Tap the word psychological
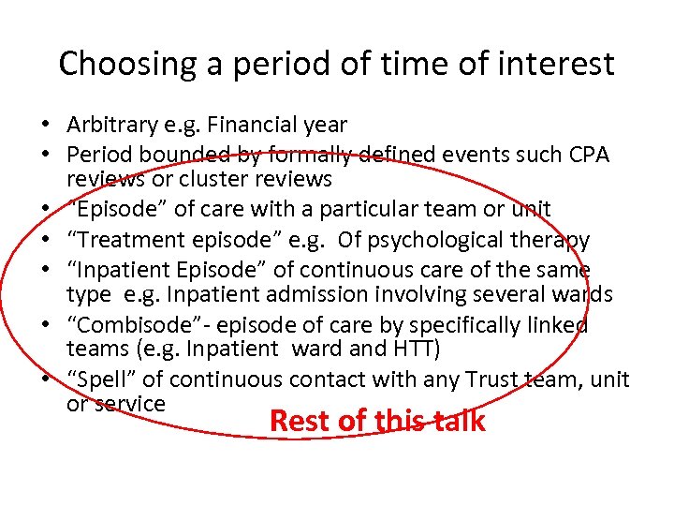pyautogui.click(x=443, y=240)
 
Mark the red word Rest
pyautogui.click(x=299, y=422)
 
